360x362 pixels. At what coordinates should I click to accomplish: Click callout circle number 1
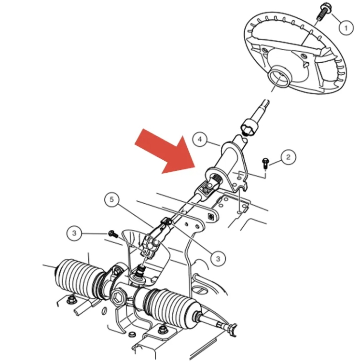pos(346,28)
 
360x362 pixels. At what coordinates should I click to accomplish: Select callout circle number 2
pos(288,157)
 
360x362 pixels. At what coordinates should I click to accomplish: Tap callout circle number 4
pos(200,139)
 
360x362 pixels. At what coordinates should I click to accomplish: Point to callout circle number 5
pos(111,199)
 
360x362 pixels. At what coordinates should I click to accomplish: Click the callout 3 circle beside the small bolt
pos(74,233)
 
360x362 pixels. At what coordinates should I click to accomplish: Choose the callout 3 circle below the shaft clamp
pos(218,259)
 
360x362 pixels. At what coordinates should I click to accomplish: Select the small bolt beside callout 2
pos(265,163)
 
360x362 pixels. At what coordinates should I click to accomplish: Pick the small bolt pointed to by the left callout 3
pos(113,234)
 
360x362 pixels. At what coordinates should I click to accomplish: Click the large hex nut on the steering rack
pos(119,297)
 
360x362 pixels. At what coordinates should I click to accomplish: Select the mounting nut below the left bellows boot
pos(70,300)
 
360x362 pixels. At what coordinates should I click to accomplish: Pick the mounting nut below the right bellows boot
pos(162,331)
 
